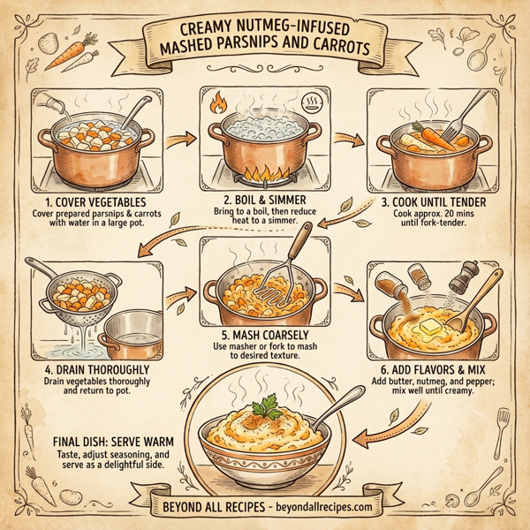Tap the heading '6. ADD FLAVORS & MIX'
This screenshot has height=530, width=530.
(433, 368)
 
